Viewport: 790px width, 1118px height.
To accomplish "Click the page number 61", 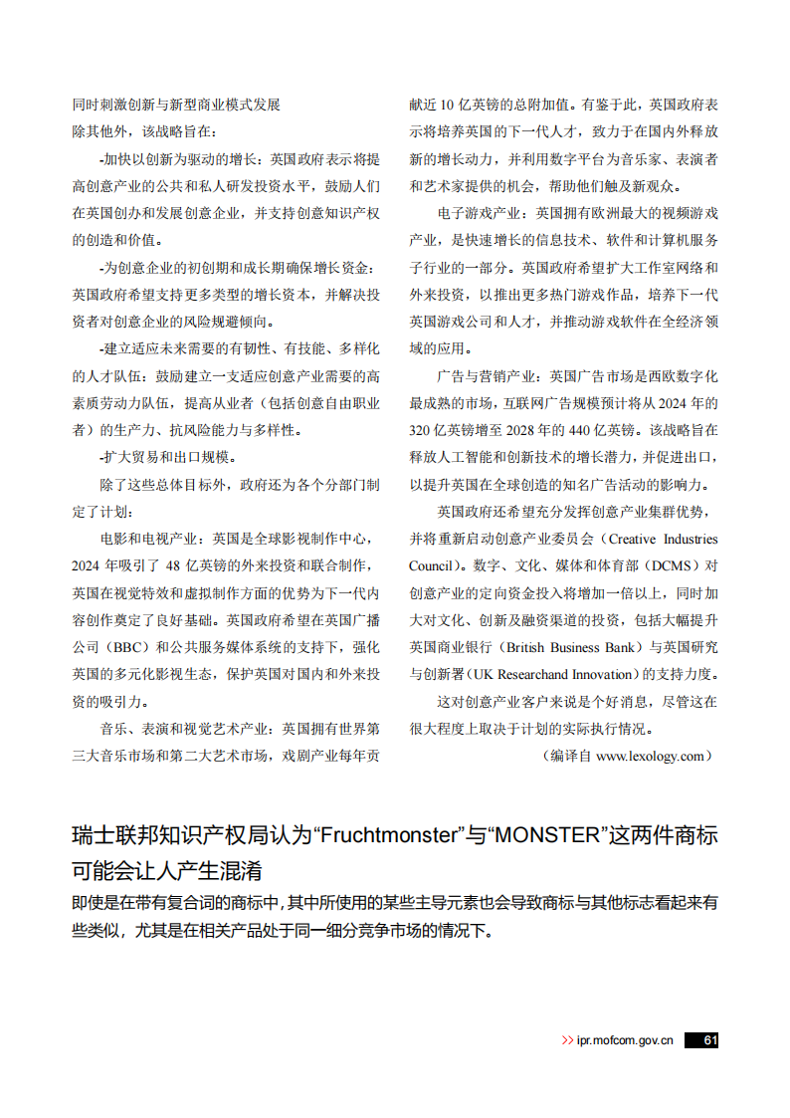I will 709,1040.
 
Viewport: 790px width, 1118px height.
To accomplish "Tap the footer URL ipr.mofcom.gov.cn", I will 625,1040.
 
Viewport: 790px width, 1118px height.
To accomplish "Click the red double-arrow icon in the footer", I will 567,1040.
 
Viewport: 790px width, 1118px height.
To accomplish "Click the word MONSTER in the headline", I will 545,835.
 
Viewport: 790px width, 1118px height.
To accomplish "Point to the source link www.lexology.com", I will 651,756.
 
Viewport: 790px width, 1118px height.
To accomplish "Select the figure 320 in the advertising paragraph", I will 423,430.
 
